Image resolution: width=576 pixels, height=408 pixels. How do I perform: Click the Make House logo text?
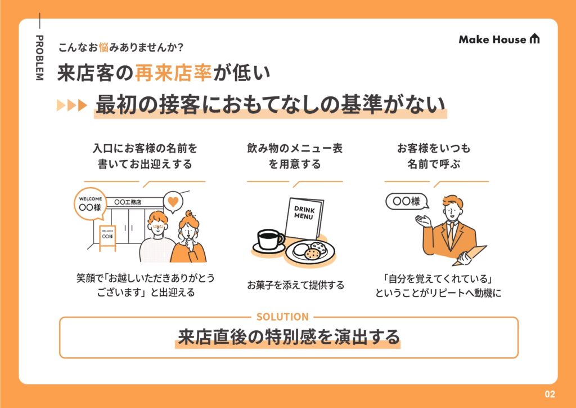(x=492, y=39)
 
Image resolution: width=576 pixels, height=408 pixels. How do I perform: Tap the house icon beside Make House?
(x=534, y=39)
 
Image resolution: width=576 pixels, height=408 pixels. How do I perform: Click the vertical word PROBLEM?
(x=39, y=57)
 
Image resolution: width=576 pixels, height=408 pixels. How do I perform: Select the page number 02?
(x=550, y=394)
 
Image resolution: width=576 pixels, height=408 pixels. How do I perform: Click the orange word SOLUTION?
(x=282, y=317)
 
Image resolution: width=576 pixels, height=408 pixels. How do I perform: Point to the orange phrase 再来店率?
(x=173, y=73)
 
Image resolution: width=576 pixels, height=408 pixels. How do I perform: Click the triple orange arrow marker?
(x=72, y=105)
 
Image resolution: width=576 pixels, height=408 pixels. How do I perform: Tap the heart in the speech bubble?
(x=173, y=201)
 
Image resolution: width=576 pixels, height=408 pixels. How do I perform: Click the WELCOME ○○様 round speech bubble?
(x=91, y=204)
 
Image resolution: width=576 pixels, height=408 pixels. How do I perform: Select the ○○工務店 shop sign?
(x=128, y=202)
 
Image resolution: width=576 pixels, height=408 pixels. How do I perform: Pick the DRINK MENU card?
(x=304, y=218)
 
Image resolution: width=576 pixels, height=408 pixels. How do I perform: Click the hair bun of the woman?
(x=189, y=214)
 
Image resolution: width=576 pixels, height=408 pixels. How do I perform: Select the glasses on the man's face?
(x=157, y=226)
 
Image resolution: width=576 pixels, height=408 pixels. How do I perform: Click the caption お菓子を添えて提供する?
(x=295, y=285)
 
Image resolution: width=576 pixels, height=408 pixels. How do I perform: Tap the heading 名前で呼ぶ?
(x=434, y=164)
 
